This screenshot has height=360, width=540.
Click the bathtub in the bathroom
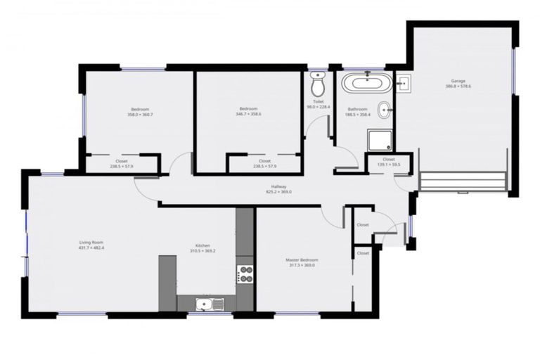point(364,85)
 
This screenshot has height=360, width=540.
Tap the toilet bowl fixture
point(318,86)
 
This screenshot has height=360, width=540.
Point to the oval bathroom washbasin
point(385,110)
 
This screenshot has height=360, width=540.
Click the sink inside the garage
point(403,85)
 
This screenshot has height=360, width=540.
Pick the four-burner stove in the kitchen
point(245,274)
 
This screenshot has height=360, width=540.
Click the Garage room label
point(458,81)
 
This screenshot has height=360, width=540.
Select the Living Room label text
point(91,243)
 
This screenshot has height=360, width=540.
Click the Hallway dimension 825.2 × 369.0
point(278,191)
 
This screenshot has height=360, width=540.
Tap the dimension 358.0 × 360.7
point(138,115)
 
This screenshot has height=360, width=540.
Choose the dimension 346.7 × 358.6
point(248,114)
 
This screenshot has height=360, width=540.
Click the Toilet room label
point(318,102)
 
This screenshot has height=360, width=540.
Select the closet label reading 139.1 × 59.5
point(389,165)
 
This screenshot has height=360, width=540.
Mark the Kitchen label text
point(202,246)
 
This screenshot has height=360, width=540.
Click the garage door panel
point(463,181)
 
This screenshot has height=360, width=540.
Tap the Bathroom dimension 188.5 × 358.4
point(357,115)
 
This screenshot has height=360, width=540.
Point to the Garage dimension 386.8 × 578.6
point(458,86)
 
